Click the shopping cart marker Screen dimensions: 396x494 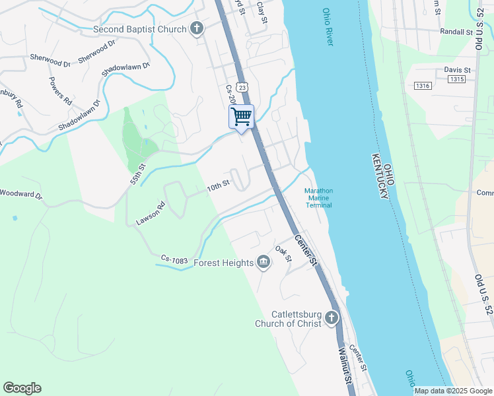click(x=242, y=117)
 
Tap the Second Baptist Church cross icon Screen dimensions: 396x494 click(x=196, y=28)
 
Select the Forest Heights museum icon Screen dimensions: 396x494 click(x=264, y=263)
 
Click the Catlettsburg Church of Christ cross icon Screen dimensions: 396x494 click(x=331, y=318)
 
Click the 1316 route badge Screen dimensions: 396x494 click(x=423, y=86)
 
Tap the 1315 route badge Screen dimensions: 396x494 click(x=456, y=79)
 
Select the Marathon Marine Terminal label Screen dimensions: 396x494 click(x=318, y=198)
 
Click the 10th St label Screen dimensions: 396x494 click(x=218, y=187)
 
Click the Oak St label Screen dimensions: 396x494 click(x=283, y=253)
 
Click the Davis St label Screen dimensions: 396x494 click(x=457, y=69)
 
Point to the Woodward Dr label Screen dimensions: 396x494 click(x=20, y=195)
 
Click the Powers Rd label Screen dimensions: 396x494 click(x=60, y=91)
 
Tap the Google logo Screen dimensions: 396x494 click(x=22, y=388)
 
